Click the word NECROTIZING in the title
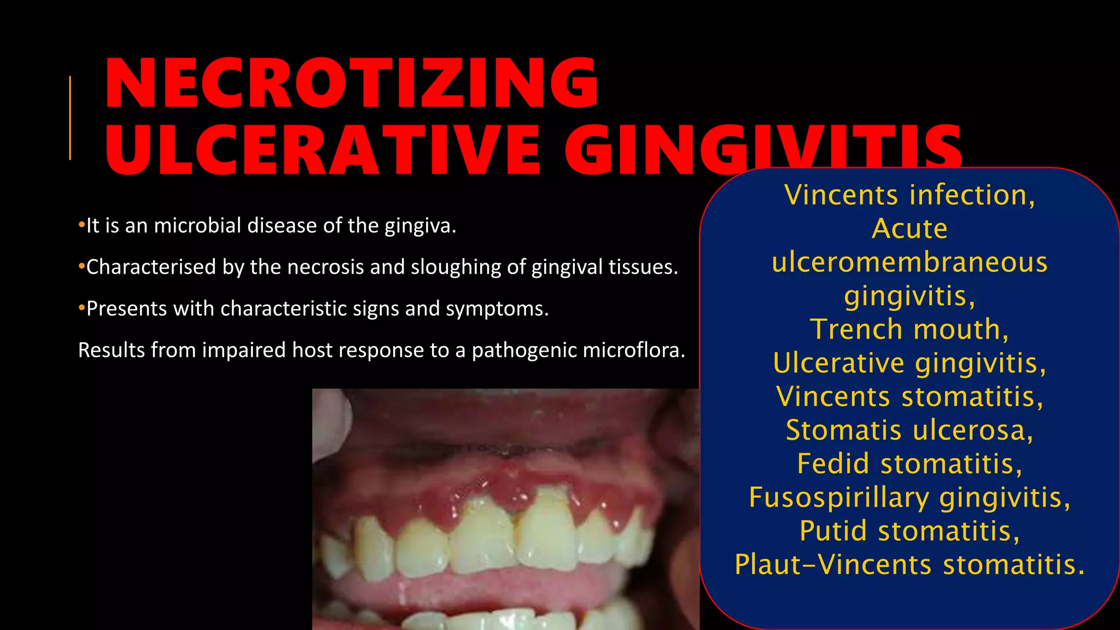352,83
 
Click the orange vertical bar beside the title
70,118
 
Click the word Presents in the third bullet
126,309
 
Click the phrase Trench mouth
909,329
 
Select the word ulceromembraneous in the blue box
909,262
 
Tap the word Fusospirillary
839,498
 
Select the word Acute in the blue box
909,229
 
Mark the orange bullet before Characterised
81,267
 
